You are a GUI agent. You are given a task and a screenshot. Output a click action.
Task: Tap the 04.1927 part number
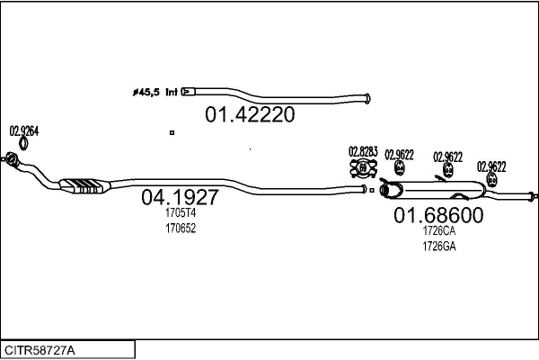(x=180, y=197)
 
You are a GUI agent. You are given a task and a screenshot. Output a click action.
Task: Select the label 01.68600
(x=438, y=216)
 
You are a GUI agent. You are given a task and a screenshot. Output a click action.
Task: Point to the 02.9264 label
(x=24, y=131)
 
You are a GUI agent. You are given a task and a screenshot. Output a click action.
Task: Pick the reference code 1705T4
(x=180, y=213)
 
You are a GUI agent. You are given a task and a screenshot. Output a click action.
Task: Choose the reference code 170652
(x=180, y=229)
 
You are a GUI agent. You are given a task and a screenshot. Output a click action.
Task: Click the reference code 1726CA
(x=439, y=231)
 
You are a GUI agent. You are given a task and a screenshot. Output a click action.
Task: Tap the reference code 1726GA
(x=439, y=247)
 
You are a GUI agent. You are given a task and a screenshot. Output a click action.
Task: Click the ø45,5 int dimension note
(x=155, y=92)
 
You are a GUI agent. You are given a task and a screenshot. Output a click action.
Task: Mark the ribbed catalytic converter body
(x=86, y=186)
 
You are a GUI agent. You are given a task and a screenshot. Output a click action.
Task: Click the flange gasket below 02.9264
(x=13, y=159)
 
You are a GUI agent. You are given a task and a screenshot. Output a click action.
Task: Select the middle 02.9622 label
(x=447, y=156)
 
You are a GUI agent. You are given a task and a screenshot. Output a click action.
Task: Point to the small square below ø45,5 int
(x=171, y=132)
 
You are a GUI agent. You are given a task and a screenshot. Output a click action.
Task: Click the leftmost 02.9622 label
(x=399, y=154)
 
